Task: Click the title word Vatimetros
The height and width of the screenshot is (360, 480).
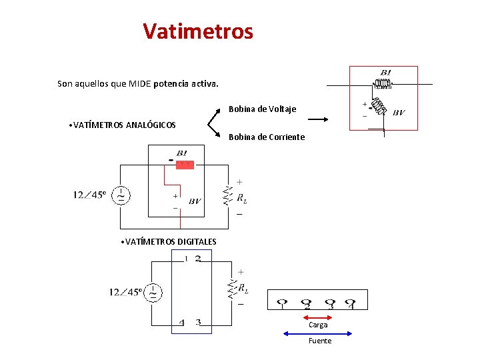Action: [x=198, y=31]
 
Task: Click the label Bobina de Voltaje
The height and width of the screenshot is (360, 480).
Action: [x=263, y=109]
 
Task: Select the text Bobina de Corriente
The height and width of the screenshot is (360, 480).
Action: [x=267, y=137]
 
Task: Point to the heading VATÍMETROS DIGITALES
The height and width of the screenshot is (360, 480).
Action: [x=171, y=241]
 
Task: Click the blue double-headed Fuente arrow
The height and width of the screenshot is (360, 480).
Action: [x=317, y=333]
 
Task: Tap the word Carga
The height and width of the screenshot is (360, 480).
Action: [x=318, y=325]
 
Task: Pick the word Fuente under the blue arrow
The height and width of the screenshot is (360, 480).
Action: [x=319, y=341]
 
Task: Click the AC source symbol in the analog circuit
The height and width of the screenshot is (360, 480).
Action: [x=121, y=195]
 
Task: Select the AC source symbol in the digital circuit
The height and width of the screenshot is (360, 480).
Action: [x=153, y=292]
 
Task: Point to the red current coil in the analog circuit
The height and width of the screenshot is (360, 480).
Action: [x=185, y=164]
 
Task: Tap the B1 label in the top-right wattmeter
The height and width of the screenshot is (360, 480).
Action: [x=386, y=73]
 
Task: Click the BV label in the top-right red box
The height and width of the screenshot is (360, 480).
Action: [x=398, y=113]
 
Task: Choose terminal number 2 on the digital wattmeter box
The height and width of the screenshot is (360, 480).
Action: [x=198, y=259]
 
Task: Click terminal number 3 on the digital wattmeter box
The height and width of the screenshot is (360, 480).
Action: [x=198, y=323]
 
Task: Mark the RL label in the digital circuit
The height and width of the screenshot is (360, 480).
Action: [x=244, y=289]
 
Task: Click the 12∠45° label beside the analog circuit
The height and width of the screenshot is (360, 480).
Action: [x=89, y=195]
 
